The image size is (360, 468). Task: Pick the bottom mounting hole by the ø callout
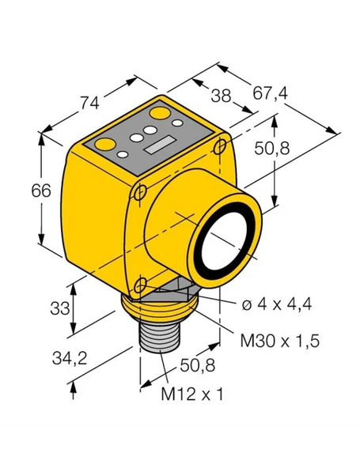141,285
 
